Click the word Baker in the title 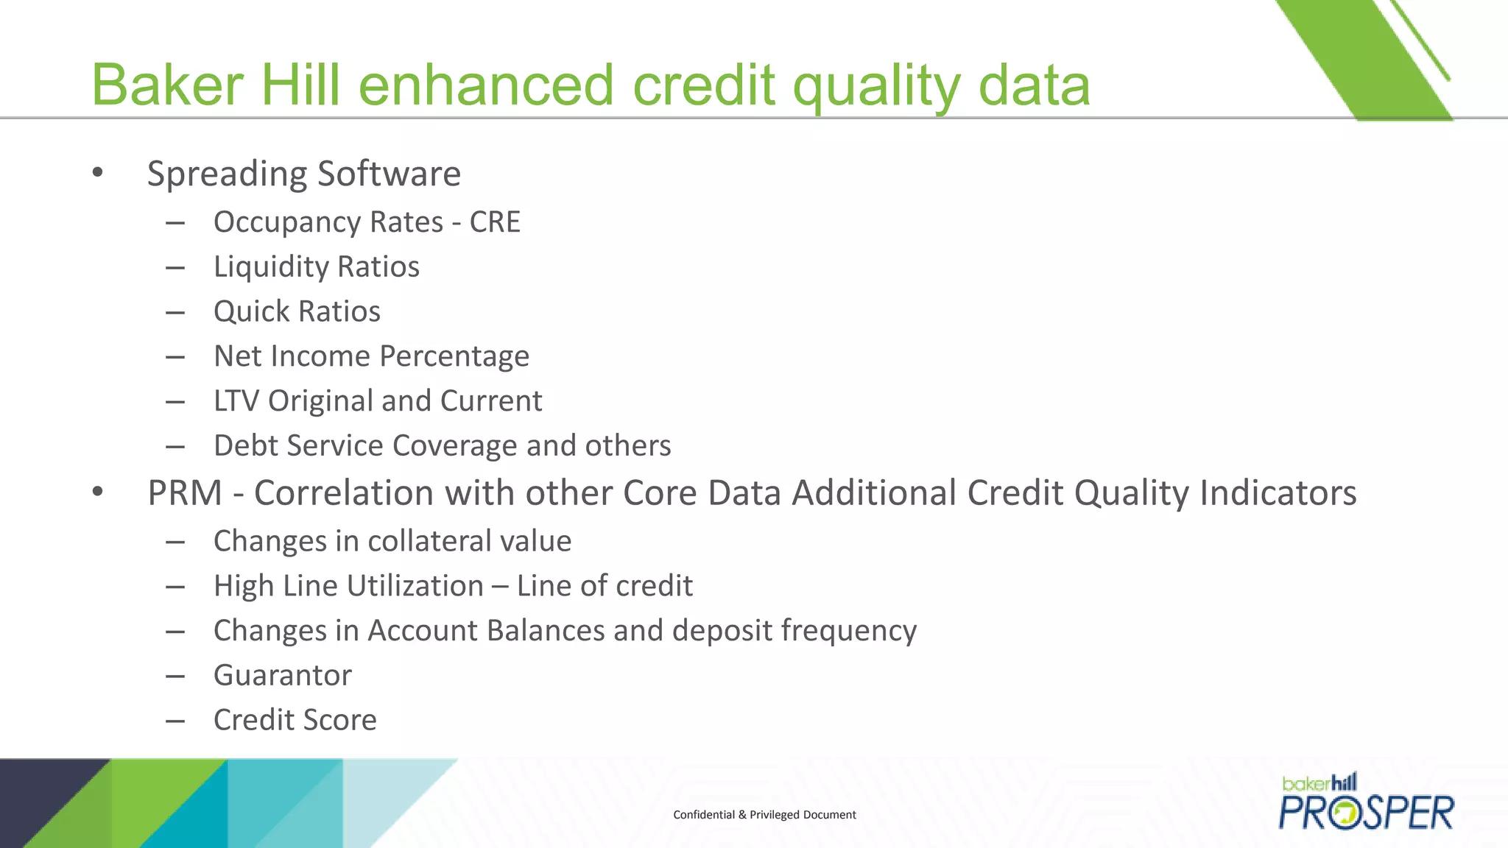pyautogui.click(x=167, y=85)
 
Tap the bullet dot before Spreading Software pyautogui.click(x=98, y=173)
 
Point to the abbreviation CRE pyautogui.click(x=495, y=222)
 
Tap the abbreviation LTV pyautogui.click(x=236, y=401)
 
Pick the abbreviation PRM pyautogui.click(x=185, y=492)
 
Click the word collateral pyautogui.click(x=419, y=541)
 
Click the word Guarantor pyautogui.click(x=283, y=675)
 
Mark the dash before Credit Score pyautogui.click(x=175, y=720)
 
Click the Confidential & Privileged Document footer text pyautogui.click(x=764, y=815)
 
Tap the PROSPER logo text pyautogui.click(x=1366, y=813)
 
